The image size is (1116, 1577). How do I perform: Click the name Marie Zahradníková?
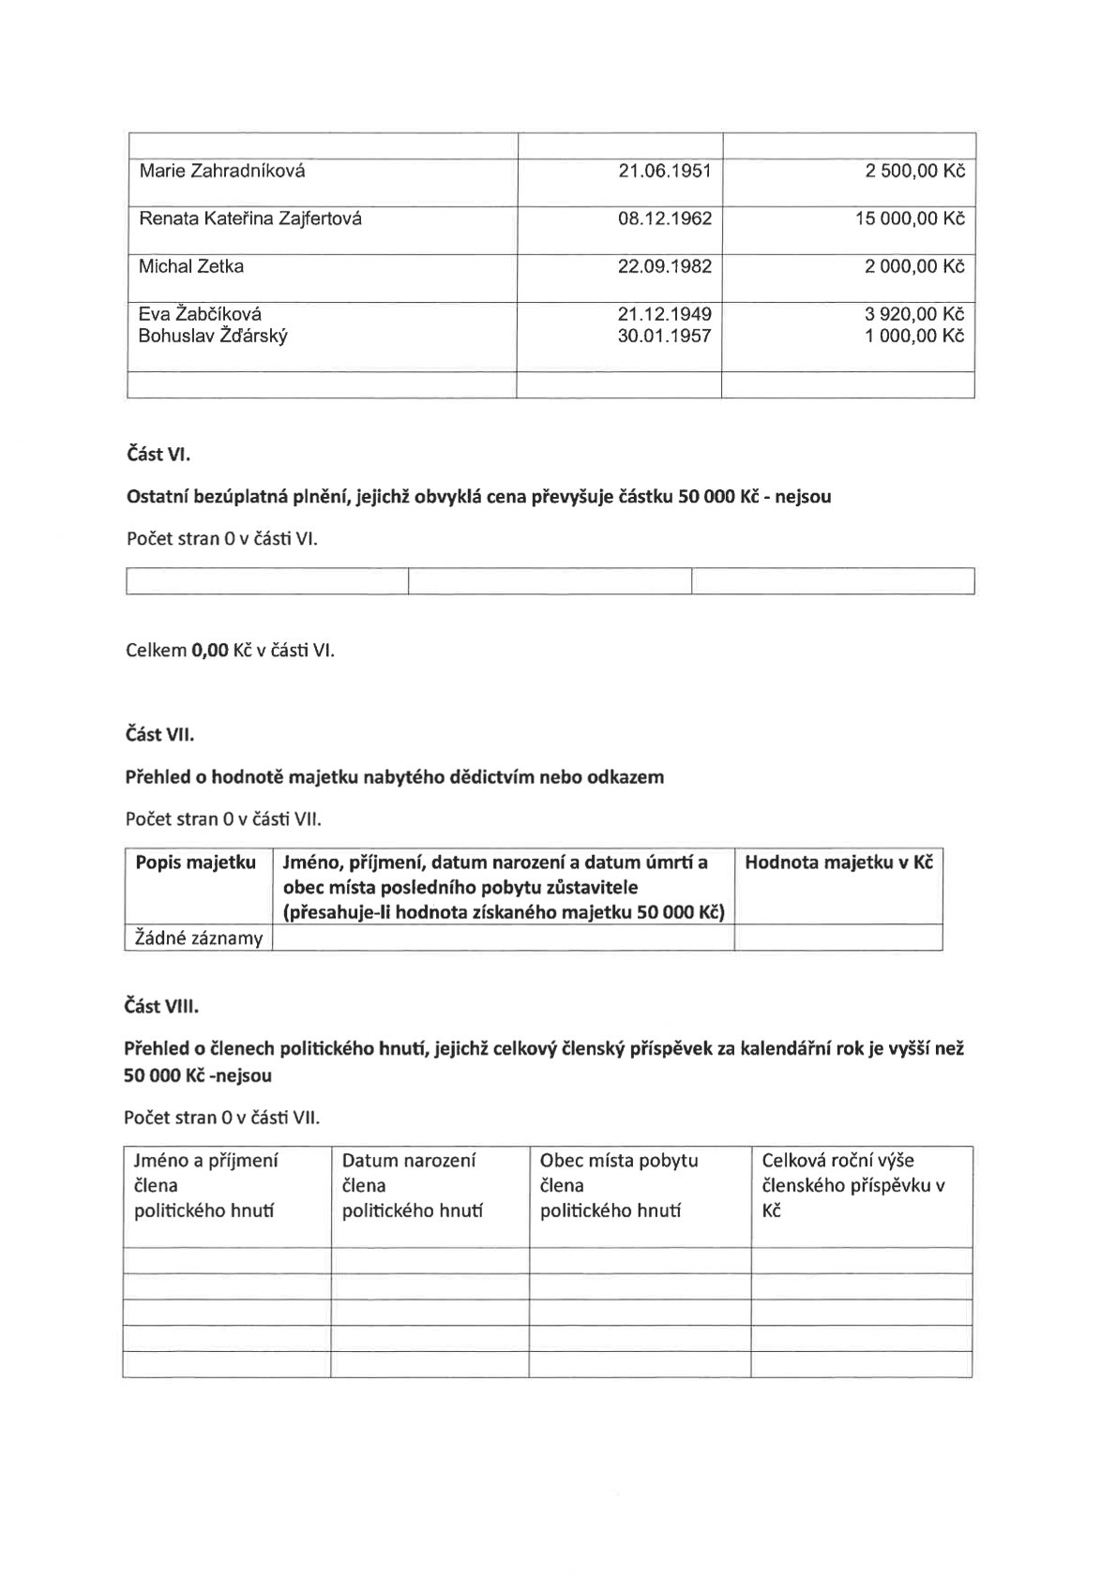pyautogui.click(x=221, y=172)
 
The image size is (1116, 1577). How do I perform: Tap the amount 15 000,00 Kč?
pyautogui.click(x=909, y=219)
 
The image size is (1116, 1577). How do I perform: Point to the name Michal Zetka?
pyautogui.click(x=191, y=266)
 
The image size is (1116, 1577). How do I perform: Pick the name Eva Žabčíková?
pyautogui.click(x=200, y=314)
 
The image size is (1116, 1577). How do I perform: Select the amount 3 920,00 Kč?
pyautogui.click(x=913, y=314)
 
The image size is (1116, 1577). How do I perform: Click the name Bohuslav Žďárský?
pyautogui.click(x=213, y=336)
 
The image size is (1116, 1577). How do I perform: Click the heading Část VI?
pyautogui.click(x=158, y=456)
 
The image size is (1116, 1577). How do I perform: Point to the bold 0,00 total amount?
pyautogui.click(x=210, y=650)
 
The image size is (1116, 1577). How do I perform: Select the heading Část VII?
pyautogui.click(x=159, y=735)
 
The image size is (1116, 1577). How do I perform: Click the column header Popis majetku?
pyautogui.click(x=196, y=863)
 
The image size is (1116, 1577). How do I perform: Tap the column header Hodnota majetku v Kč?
pyautogui.click(x=838, y=863)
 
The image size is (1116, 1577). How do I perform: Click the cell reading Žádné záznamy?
pyautogui.click(x=199, y=938)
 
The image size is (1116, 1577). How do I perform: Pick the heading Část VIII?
pyautogui.click(x=161, y=1006)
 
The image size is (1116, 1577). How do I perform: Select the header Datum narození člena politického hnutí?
pyautogui.click(x=412, y=1185)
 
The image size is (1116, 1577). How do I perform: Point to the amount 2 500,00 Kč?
pyautogui.click(x=913, y=172)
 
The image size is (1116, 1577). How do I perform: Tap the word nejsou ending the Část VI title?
pyautogui.click(x=801, y=497)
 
